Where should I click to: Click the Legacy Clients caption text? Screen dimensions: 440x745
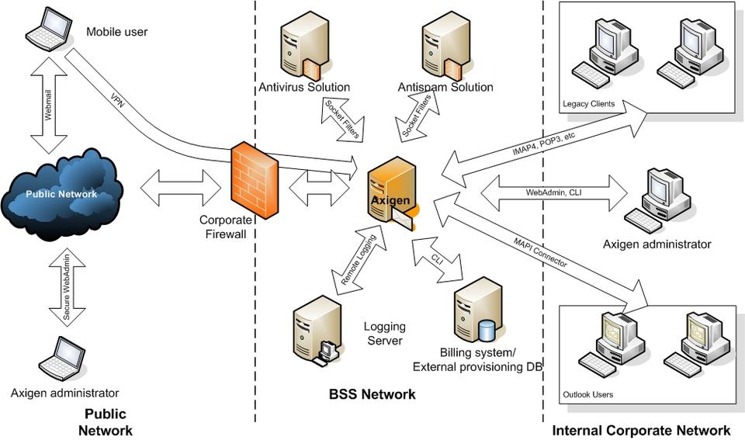[x=591, y=104]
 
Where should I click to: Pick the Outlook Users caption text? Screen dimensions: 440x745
[x=587, y=395]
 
